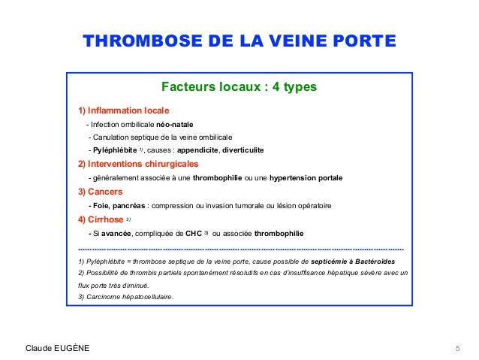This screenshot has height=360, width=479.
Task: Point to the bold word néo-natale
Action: (x=174, y=124)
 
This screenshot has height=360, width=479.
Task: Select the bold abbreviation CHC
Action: (x=194, y=234)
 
